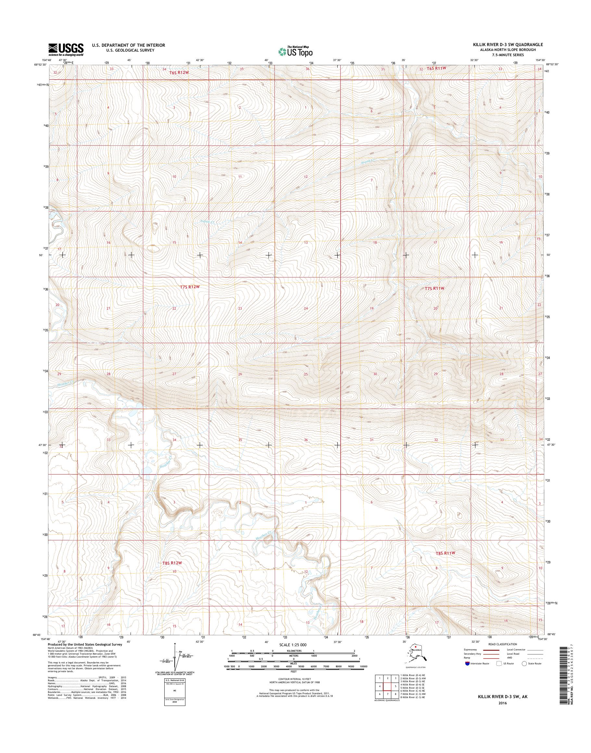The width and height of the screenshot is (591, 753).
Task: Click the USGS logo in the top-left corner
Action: pos(66,49)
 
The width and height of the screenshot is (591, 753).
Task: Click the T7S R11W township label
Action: pos(434,288)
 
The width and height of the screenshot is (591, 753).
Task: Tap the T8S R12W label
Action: pos(172,563)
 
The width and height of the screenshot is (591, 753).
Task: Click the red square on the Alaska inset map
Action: pos(415,646)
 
